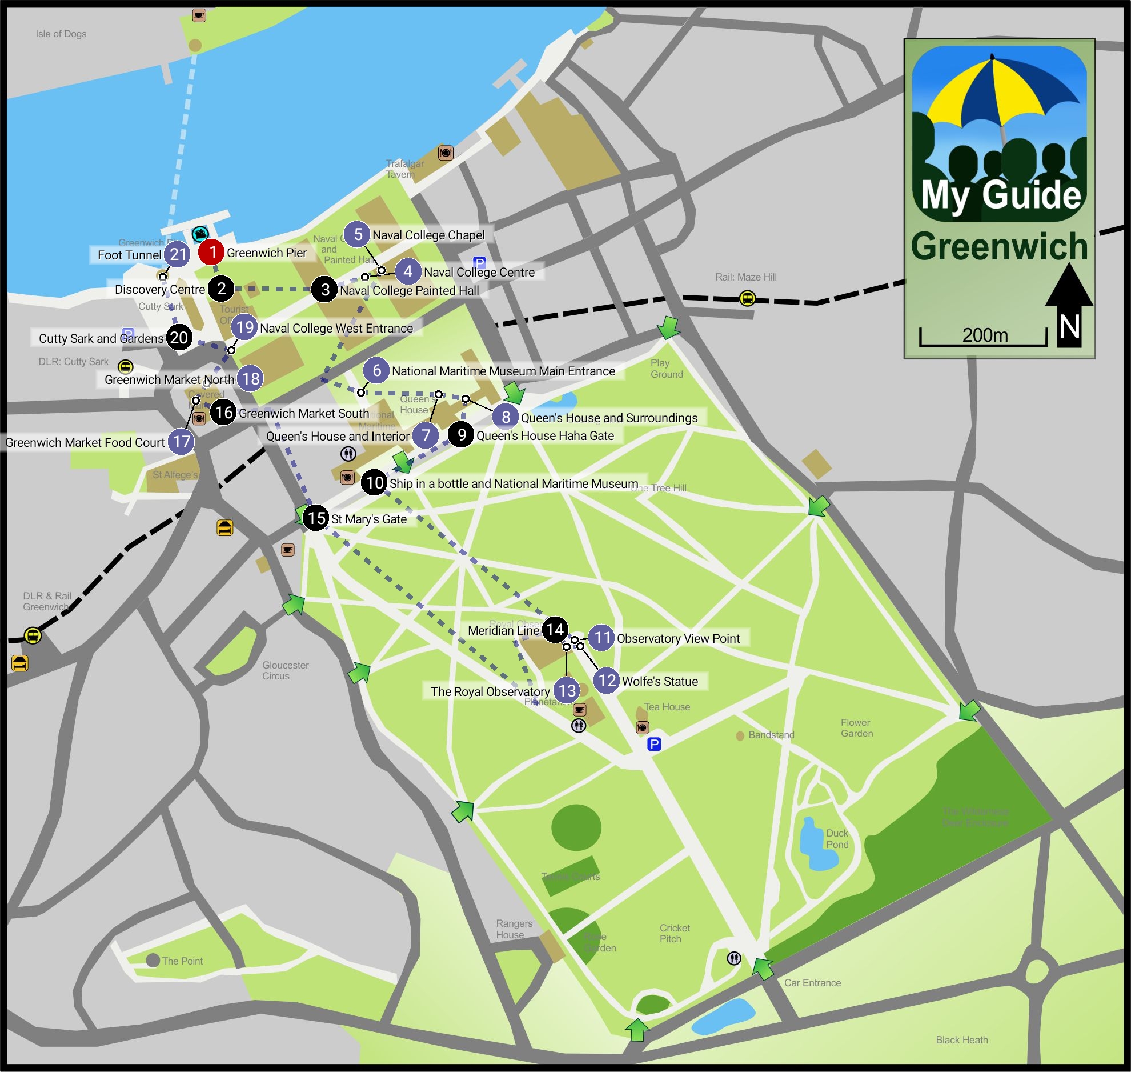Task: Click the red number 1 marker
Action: coord(211,252)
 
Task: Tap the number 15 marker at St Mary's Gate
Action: coord(316,518)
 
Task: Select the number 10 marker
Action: coord(374,483)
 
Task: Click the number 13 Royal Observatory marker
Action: coord(567,690)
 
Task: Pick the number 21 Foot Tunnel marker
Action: coord(178,254)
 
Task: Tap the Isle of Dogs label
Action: coord(61,34)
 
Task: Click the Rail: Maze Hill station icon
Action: coord(747,298)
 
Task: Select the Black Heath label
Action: coord(961,1040)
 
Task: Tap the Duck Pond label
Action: coord(837,839)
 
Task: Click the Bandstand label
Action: coord(771,735)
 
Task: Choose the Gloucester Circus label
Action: coord(285,670)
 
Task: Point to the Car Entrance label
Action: coord(812,983)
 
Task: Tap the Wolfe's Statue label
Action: coord(660,681)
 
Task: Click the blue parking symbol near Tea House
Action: coord(654,744)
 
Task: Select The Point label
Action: coord(182,961)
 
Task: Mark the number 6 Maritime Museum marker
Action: coord(376,370)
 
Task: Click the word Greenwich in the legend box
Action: coord(999,246)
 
